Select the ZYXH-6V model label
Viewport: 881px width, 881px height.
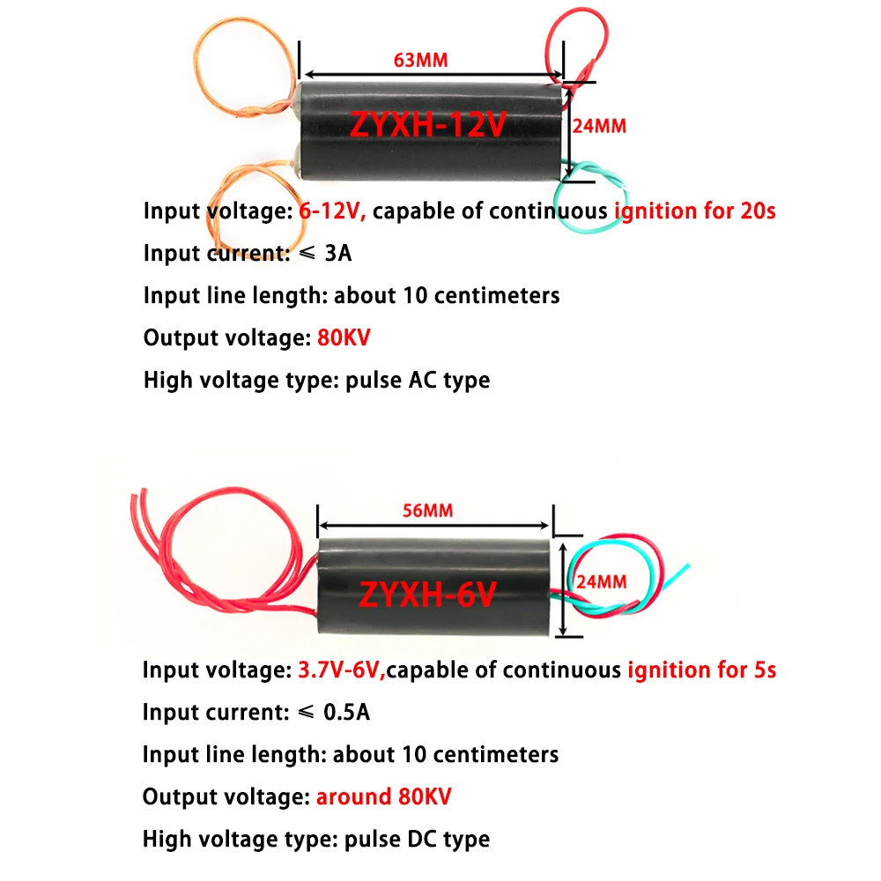coord(427,595)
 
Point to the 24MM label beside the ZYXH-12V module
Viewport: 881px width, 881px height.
coord(599,126)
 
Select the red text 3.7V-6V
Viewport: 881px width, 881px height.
coord(337,670)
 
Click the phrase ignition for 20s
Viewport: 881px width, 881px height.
coord(694,211)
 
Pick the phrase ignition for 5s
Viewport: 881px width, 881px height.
coord(701,670)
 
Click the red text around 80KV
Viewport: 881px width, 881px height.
coord(383,797)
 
